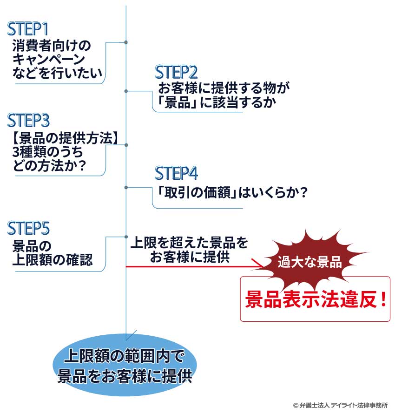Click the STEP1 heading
28,29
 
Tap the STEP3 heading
28,120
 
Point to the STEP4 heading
176,173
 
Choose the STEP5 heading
28,228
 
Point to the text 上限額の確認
52,260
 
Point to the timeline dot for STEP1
126,43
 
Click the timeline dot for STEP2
126,91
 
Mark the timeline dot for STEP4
126,187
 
